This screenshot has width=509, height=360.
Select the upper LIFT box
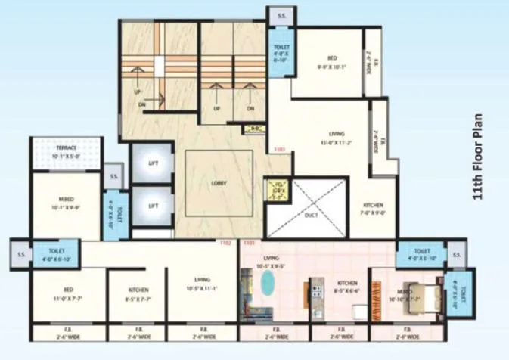coord(153,161)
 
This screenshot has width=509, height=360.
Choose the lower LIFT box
coord(153,206)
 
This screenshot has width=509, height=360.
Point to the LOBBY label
coord(219,183)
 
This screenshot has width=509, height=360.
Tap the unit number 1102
coord(225,244)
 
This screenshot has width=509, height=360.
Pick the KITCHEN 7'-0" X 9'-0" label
coord(373,209)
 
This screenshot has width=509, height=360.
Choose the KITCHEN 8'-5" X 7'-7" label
coord(138,293)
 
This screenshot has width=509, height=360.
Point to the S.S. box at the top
coord(281,15)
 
